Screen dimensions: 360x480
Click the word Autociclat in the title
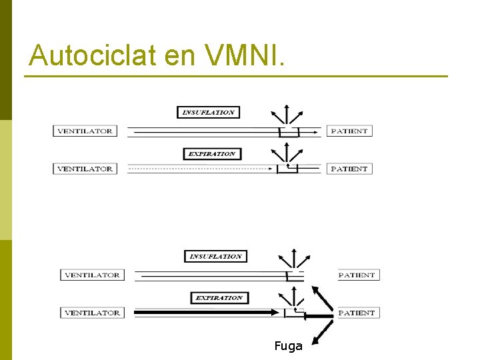[91, 56]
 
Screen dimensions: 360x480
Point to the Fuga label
[288, 346]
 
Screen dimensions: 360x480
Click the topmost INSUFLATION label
[208, 113]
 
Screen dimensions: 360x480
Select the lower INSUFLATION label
[215, 257]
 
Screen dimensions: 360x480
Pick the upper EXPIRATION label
[211, 154]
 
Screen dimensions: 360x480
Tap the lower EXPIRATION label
[219, 298]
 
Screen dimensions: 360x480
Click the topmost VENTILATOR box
[85, 131]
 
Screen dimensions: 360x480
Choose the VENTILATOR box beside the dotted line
[85, 169]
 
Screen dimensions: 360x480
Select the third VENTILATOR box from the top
[92, 275]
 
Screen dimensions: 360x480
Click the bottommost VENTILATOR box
[92, 313]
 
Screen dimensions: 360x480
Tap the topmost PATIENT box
[349, 131]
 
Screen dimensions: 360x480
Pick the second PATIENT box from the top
[349, 169]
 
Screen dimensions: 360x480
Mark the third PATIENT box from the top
[357, 275]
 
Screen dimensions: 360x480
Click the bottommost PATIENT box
[357, 313]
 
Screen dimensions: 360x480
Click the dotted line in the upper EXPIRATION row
[200, 169]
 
